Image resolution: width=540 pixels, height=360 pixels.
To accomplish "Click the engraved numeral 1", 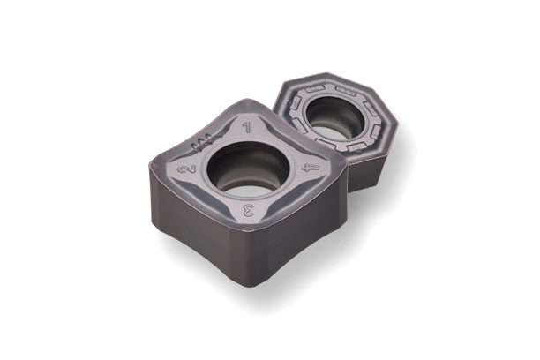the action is click(246, 127).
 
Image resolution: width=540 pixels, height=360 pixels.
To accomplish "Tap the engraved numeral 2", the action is click(187, 169).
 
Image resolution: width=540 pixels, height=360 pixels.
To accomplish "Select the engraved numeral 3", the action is click(248, 210).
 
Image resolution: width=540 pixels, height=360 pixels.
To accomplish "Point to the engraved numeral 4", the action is click(311, 169).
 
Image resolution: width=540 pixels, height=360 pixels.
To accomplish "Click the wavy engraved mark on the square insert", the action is click(206, 141).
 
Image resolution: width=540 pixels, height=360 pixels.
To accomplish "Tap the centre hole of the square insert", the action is click(248, 169).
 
